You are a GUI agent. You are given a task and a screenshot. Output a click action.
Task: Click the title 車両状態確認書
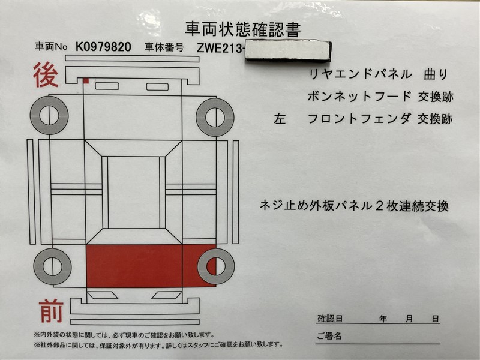click(242, 29)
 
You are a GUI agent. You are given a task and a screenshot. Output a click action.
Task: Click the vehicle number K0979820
click(103, 47)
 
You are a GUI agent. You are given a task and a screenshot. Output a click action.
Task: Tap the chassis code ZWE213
click(219, 48)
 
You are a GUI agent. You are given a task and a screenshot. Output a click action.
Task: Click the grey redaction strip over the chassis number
click(288, 50)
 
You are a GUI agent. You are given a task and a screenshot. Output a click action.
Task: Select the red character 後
click(46, 74)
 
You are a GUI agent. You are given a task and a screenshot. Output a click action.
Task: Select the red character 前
click(51, 311)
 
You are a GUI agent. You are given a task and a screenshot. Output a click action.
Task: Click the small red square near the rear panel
click(86, 80)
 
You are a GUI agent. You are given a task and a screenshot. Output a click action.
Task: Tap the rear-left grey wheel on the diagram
click(49, 115)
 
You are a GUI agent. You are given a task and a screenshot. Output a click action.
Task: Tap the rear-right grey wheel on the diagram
click(215, 117)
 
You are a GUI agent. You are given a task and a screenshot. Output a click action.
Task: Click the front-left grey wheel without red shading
click(52, 266)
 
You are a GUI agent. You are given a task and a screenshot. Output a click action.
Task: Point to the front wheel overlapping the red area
click(216, 266)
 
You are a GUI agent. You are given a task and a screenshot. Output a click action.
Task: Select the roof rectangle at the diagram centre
click(133, 192)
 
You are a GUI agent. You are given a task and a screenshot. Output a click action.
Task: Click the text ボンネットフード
click(359, 97)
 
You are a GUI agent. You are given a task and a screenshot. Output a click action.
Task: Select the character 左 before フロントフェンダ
click(280, 119)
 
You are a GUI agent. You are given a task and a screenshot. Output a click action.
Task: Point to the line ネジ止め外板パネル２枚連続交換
click(354, 205)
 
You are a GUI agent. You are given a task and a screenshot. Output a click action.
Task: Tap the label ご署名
click(329, 336)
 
